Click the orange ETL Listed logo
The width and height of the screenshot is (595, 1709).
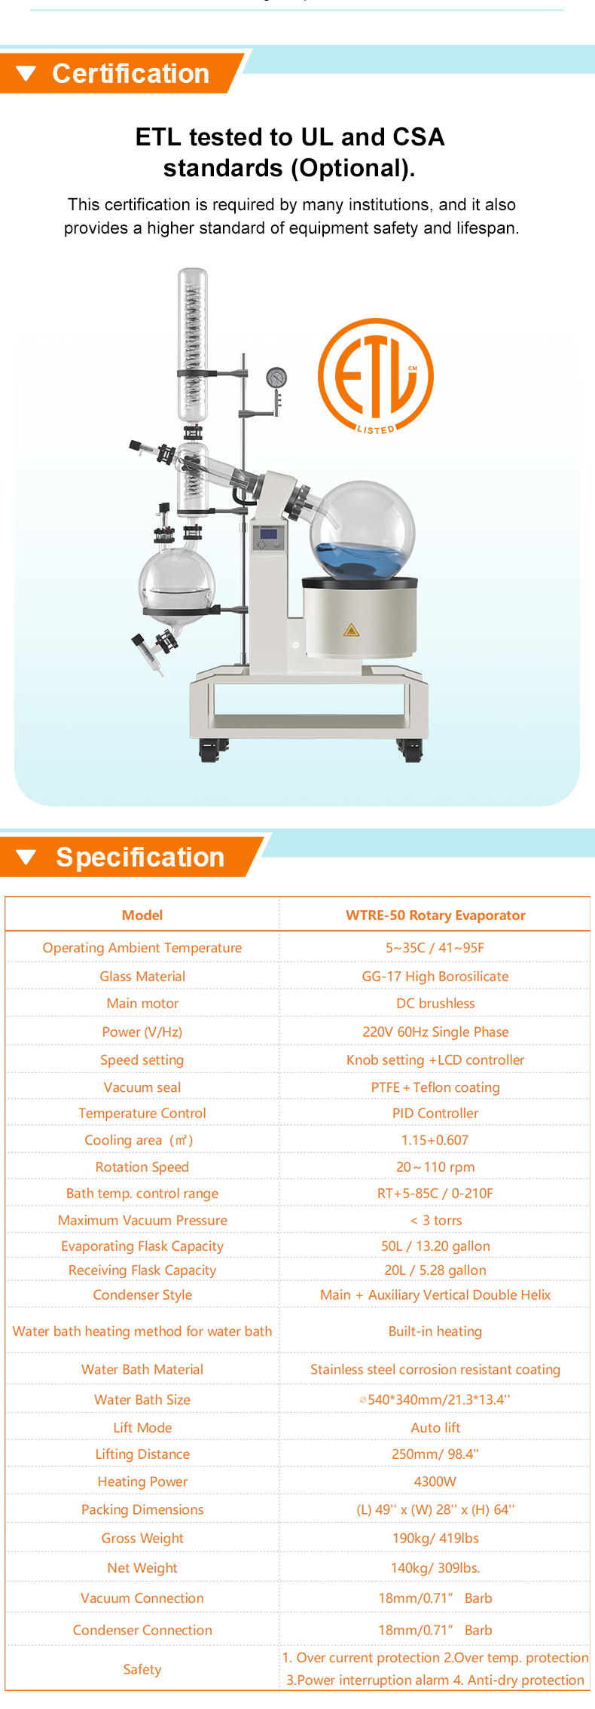[x=376, y=376]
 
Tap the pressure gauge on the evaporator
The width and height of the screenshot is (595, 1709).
[x=276, y=377]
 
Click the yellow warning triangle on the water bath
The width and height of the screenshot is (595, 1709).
[x=351, y=629]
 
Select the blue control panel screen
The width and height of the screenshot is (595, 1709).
[x=269, y=536]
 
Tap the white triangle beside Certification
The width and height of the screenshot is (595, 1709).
[x=26, y=74]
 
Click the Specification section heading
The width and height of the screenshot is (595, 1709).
[x=140, y=858]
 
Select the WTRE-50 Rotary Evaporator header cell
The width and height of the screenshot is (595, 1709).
[x=435, y=915]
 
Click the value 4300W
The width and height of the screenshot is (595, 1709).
[x=435, y=1481]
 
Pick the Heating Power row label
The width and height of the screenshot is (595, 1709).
[x=142, y=1481]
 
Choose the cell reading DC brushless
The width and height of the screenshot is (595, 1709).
[x=435, y=1003]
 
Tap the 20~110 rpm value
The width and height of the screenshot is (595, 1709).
[x=435, y=1166]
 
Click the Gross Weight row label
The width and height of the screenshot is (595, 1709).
[x=142, y=1538]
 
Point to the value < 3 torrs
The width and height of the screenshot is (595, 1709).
[x=435, y=1220]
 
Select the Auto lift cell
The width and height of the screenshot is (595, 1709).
[x=435, y=1427]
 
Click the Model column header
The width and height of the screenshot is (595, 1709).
[x=142, y=915]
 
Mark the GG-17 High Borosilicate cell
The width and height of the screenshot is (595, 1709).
[x=435, y=976]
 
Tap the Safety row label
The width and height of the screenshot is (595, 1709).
[x=142, y=1669]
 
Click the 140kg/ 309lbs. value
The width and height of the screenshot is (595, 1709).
[x=435, y=1567]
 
